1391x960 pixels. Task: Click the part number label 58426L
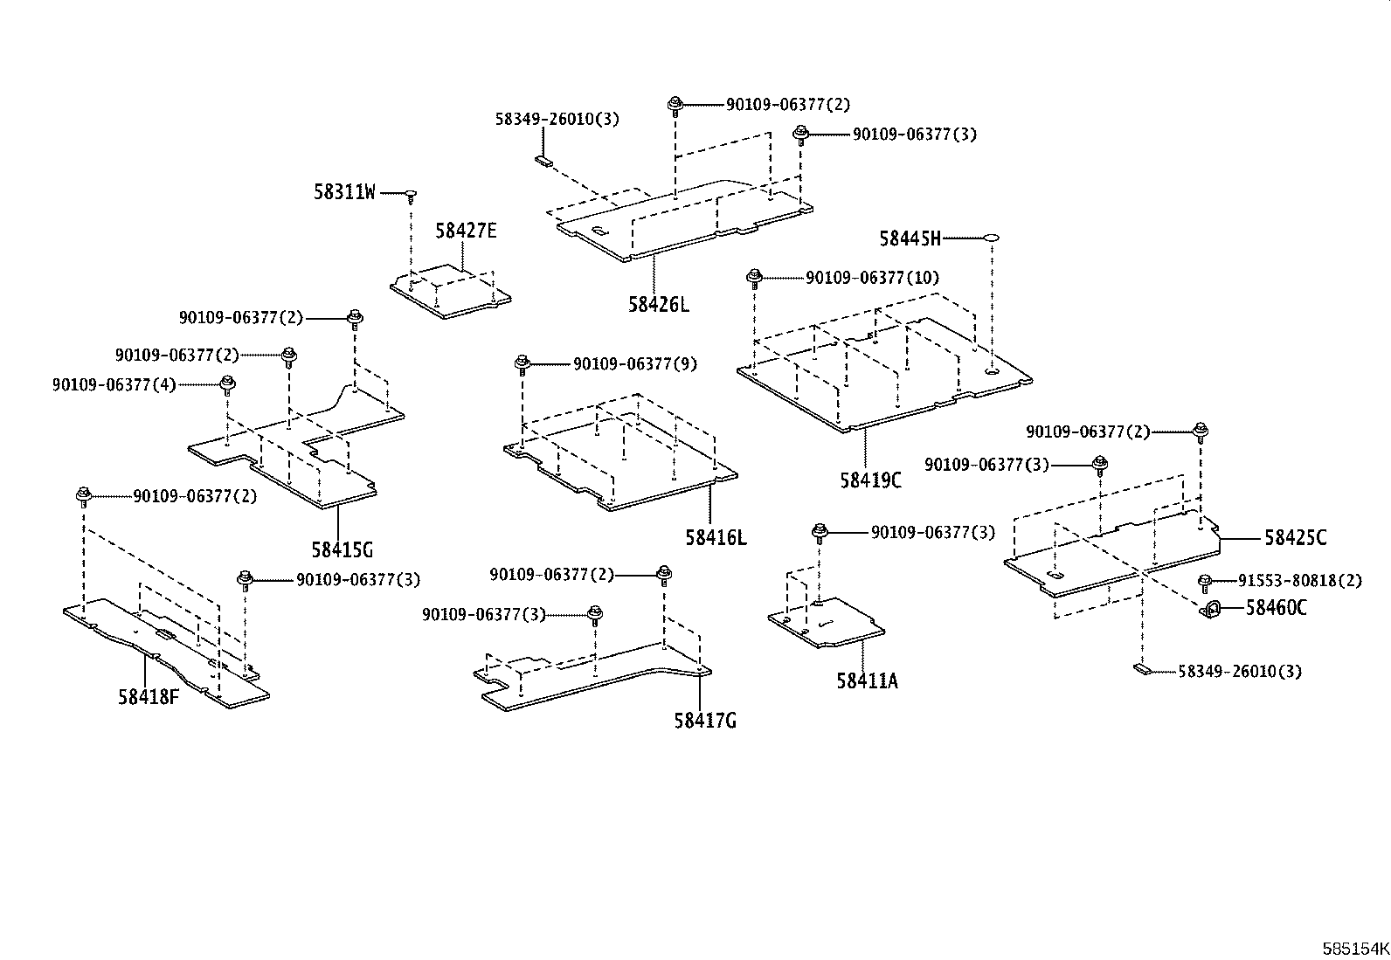(658, 305)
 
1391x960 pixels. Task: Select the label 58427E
(466, 231)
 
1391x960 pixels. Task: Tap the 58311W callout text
(344, 192)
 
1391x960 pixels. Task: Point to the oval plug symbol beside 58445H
(992, 237)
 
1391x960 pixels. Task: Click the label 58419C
(870, 480)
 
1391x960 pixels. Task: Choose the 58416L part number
(716, 537)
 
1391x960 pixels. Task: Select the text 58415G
(342, 550)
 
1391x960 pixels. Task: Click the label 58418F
(149, 697)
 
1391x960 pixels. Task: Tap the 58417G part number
(704, 721)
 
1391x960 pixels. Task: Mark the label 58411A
(867, 680)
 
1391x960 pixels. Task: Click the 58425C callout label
(1295, 538)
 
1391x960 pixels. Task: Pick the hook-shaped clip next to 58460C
(1211, 609)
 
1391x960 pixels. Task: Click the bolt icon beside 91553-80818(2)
(1205, 581)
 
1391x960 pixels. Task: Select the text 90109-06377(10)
(872, 278)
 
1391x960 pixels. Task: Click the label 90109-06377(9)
(635, 364)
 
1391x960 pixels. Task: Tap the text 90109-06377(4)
(114, 384)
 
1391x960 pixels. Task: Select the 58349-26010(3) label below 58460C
(1239, 671)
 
